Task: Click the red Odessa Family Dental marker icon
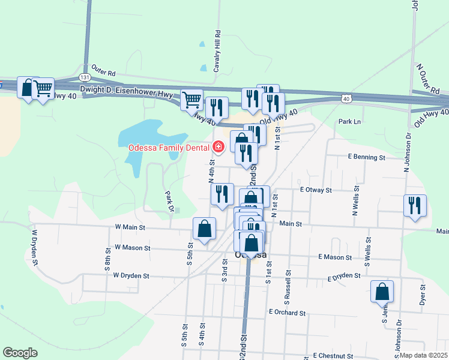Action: [x=218, y=146]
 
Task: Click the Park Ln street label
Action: [x=349, y=122]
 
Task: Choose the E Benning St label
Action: [x=366, y=157]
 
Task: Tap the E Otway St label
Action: [x=316, y=190]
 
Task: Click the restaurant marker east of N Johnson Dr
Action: [x=415, y=205]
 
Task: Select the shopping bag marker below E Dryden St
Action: [x=382, y=292]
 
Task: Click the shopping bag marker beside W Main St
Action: [x=204, y=229]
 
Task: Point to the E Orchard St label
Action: [x=288, y=313]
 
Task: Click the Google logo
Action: [x=20, y=353]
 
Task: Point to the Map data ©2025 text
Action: [x=423, y=355]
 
